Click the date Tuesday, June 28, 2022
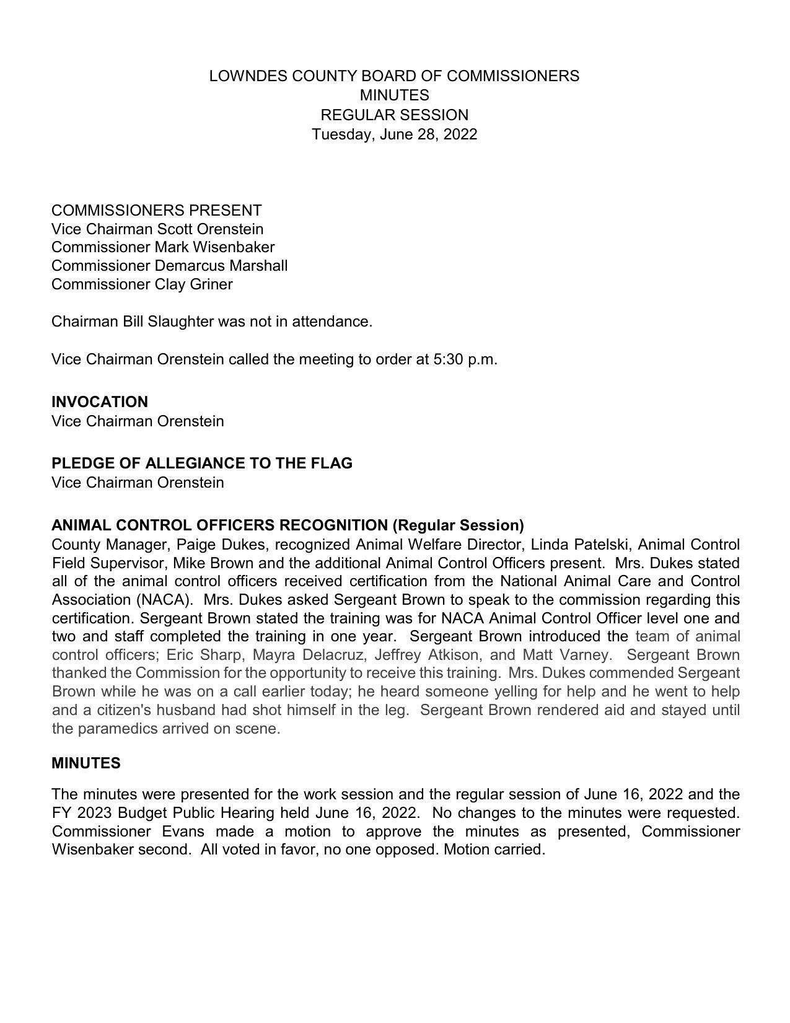[x=394, y=134]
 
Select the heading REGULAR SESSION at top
[x=394, y=115]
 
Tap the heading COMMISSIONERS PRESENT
[x=156, y=210]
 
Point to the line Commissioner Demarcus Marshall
[x=169, y=266]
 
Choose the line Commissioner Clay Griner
[x=142, y=284]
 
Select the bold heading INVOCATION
[x=99, y=402]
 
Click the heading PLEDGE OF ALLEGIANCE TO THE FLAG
[x=201, y=463]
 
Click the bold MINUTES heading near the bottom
[x=86, y=763]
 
